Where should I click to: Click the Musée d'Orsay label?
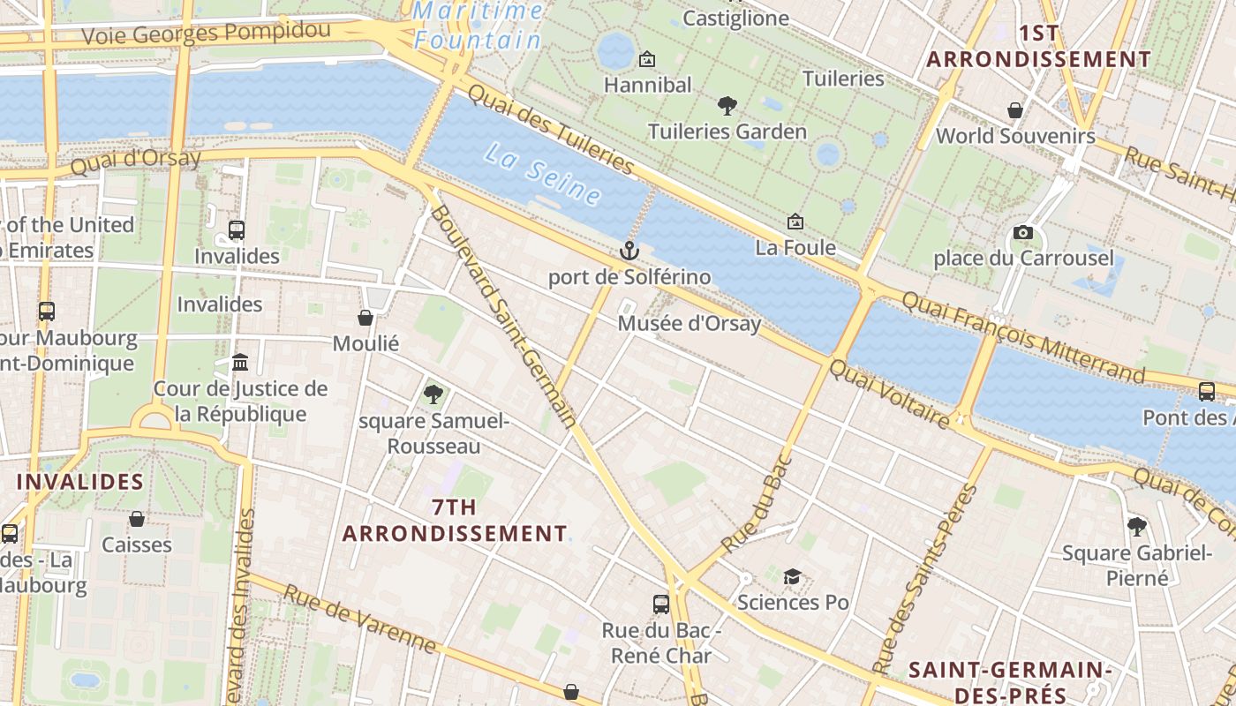pos(689,324)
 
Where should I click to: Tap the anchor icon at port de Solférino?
pos(629,251)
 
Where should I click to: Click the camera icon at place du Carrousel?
pos(1023,232)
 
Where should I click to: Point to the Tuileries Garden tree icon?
pos(727,106)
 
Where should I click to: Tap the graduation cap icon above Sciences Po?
pos(792,576)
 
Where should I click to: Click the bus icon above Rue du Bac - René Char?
pos(661,605)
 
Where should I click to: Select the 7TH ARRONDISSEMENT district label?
pos(455,521)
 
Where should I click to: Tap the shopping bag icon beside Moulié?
pos(366,318)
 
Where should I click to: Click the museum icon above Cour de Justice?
pos(240,363)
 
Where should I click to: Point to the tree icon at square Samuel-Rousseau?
pos(433,394)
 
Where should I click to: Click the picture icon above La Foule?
pos(795,222)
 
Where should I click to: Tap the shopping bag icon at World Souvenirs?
pos(1015,110)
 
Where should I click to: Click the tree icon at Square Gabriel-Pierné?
pos(1137,527)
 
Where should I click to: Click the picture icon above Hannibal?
pos(647,59)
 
